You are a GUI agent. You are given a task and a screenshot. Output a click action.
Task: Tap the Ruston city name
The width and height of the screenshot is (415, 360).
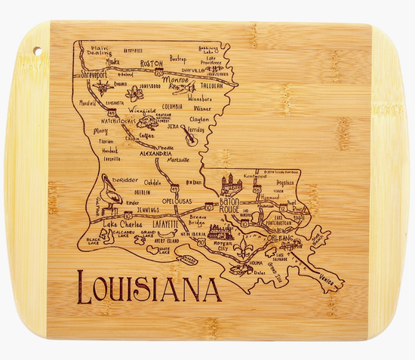[152, 64]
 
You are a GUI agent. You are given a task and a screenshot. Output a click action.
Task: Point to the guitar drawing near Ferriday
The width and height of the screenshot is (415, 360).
[189, 138]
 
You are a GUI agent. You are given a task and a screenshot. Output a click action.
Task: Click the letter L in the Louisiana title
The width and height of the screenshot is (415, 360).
[85, 288]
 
